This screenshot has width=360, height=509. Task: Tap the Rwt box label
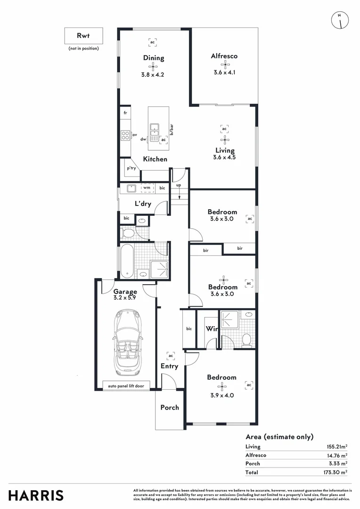pyautogui.click(x=83, y=35)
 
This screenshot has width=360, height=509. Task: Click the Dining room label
pyautogui.click(x=154, y=58)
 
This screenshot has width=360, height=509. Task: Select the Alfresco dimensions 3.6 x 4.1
pyautogui.click(x=224, y=73)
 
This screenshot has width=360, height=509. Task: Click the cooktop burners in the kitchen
pyautogui.click(x=125, y=135)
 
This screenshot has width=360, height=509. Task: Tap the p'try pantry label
pyautogui.click(x=131, y=168)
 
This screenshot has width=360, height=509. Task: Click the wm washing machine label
pyautogui.click(x=147, y=188)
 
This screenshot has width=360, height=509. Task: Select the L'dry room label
pyautogui.click(x=143, y=204)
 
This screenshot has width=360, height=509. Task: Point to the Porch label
pyautogui.click(x=170, y=407)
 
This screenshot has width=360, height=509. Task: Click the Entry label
pyautogui.click(x=169, y=366)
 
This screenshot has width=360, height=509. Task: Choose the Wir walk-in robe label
pyautogui.click(x=212, y=329)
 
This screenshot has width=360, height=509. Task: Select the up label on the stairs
pyautogui.click(x=179, y=185)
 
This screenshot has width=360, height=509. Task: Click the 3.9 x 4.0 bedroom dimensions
pyautogui.click(x=221, y=395)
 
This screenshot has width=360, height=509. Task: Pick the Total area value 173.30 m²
pyautogui.click(x=336, y=472)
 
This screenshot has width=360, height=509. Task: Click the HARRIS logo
pyautogui.click(x=36, y=495)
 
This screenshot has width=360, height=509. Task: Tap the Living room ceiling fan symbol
pyautogui.click(x=224, y=140)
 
